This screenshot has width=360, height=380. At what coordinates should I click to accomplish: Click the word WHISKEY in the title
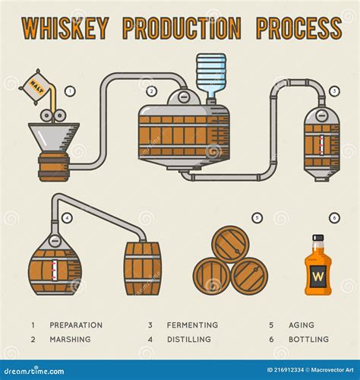(65, 28)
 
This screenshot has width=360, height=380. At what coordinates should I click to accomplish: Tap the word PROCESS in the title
(298, 28)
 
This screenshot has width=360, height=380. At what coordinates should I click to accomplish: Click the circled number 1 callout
(70, 90)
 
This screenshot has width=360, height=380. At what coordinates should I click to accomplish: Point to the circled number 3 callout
(334, 91)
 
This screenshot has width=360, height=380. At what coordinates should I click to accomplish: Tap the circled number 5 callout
(257, 218)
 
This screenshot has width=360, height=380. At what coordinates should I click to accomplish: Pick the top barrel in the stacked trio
(229, 244)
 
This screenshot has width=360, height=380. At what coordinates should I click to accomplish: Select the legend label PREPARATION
(76, 325)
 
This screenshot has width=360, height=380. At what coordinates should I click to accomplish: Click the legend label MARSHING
(70, 339)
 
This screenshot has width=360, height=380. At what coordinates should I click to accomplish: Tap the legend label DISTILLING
(189, 339)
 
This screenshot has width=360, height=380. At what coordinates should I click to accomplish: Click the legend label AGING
(301, 325)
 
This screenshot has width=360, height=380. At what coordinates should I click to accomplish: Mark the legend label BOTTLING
(308, 339)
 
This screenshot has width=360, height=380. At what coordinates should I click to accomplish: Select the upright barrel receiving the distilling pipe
(143, 268)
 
